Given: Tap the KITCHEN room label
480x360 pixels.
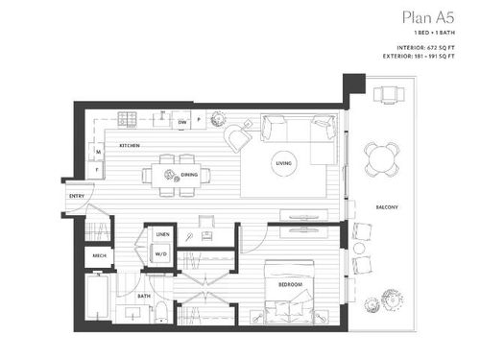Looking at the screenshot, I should [x=130, y=145].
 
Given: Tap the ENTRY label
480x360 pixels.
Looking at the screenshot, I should [x=76, y=197].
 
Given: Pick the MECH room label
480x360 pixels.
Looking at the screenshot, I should [x=98, y=256].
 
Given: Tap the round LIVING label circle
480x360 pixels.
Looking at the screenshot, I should [x=283, y=162].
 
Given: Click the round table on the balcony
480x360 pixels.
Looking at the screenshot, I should [x=381, y=156].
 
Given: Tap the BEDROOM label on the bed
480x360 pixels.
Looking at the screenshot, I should [x=293, y=285].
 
